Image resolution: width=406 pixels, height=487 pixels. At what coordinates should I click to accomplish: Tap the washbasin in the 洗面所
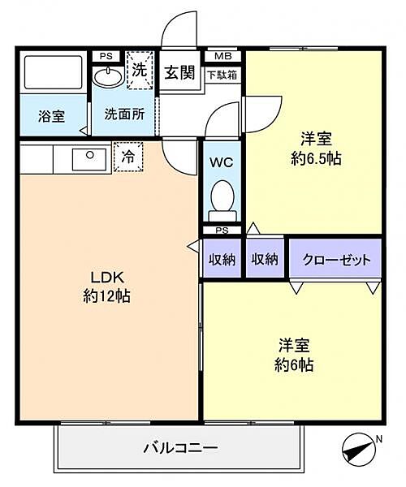(108, 76)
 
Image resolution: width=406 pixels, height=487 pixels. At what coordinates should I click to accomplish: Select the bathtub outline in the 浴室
(53, 73)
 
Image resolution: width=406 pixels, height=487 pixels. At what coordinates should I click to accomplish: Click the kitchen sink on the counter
(89, 159)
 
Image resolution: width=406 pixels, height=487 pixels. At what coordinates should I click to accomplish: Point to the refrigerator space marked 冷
(128, 157)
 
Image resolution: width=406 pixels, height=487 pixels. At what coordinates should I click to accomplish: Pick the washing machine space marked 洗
(140, 70)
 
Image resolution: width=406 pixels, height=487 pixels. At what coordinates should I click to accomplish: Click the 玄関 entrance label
(179, 72)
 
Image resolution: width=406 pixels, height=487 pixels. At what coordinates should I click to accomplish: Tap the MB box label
(223, 57)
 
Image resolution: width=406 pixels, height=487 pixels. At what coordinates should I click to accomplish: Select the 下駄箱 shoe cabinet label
(222, 75)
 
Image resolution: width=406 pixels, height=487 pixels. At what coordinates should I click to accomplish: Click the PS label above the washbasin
(106, 57)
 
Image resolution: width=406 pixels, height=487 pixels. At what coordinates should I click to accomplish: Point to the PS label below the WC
(222, 231)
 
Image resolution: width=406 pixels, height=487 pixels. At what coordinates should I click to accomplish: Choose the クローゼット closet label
(336, 260)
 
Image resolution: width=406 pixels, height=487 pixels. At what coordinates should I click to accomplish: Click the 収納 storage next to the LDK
(222, 259)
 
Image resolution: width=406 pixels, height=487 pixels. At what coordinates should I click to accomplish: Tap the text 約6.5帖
(316, 159)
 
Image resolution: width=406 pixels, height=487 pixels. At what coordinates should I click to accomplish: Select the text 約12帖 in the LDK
(106, 295)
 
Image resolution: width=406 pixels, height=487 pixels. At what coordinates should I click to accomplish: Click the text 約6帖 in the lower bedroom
(294, 365)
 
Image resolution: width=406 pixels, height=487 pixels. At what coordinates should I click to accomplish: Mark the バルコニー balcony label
(180, 448)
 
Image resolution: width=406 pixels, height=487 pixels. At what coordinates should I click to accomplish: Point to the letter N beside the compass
(378, 439)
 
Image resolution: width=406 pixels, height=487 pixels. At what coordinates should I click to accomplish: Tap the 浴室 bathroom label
(52, 116)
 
